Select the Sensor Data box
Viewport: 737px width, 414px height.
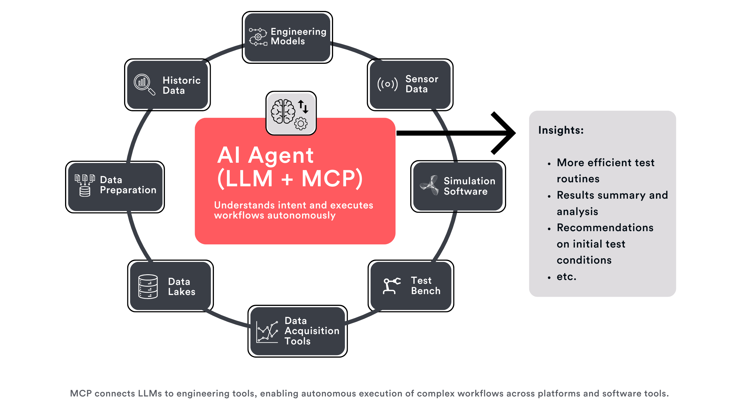pyautogui.click(x=410, y=85)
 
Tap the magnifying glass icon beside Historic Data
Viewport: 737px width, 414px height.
pyautogui.click(x=144, y=84)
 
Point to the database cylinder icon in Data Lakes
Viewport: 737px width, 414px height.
pyautogui.click(x=148, y=287)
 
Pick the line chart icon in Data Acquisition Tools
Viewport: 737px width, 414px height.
pyautogui.click(x=267, y=331)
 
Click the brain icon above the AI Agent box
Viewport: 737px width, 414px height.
pyautogui.click(x=283, y=112)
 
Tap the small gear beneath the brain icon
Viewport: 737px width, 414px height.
pyautogui.click(x=301, y=124)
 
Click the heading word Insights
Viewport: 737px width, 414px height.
pyautogui.click(x=561, y=130)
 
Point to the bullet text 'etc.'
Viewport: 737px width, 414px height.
pyautogui.click(x=566, y=277)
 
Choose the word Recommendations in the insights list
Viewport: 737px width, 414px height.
pyautogui.click(x=605, y=228)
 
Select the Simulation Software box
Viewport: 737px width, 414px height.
pyautogui.click(x=458, y=186)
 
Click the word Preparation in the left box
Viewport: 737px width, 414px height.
pyautogui.click(x=128, y=190)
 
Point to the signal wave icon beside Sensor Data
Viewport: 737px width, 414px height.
pyautogui.click(x=388, y=84)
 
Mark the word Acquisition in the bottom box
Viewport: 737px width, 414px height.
pyautogui.click(x=312, y=331)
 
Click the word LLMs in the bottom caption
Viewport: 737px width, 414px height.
pyautogui.click(x=150, y=394)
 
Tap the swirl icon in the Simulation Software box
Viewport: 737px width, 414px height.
pyautogui.click(x=429, y=185)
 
